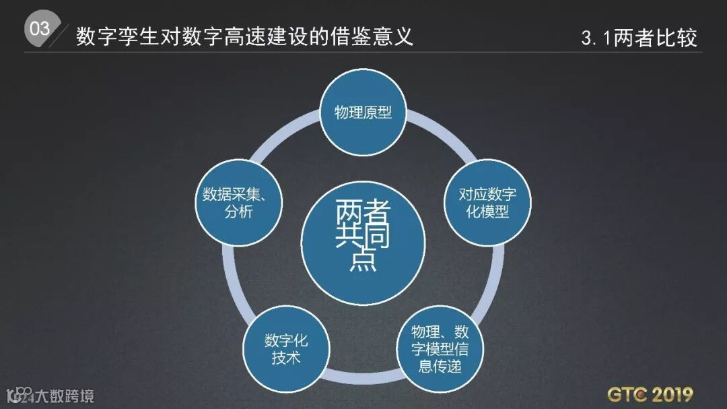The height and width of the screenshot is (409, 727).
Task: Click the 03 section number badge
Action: click(x=40, y=29)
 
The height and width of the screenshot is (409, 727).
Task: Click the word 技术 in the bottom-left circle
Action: click(x=286, y=357)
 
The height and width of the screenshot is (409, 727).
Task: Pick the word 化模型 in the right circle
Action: click(x=488, y=214)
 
